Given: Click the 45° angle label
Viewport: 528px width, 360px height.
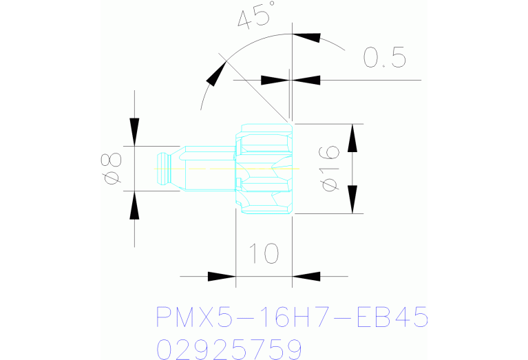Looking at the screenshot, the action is click(x=253, y=15).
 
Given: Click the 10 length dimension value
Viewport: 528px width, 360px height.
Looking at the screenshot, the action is click(x=264, y=254).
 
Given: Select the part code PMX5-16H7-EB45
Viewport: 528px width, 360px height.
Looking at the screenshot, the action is click(x=293, y=318).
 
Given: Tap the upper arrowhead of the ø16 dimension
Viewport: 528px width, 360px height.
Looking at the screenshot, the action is click(x=352, y=138).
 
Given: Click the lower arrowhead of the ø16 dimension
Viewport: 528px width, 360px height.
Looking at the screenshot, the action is click(x=352, y=199).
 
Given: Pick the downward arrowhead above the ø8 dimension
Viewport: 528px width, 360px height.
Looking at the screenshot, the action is click(x=134, y=131).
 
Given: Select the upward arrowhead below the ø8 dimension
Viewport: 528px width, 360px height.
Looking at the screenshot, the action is click(x=134, y=206).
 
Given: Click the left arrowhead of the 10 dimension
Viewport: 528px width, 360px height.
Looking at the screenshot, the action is click(x=222, y=277).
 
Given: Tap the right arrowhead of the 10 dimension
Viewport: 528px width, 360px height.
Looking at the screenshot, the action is click(x=306, y=277).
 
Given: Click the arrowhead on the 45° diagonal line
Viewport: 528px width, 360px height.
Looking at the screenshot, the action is click(x=218, y=72).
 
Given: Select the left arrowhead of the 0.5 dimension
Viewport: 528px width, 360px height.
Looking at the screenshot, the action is click(x=275, y=80).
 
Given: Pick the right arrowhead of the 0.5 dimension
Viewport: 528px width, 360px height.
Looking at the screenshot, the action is click(x=306, y=80).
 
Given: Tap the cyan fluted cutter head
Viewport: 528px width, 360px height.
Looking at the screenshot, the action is click(x=264, y=169).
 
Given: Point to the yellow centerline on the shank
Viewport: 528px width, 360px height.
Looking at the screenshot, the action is click(x=207, y=168).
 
